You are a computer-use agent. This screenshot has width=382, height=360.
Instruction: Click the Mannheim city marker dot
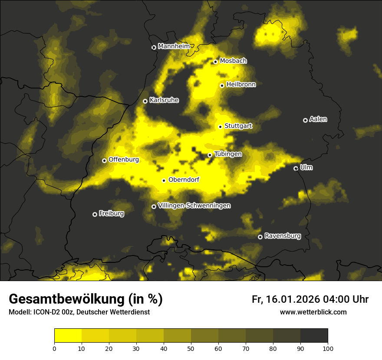tap(154, 48)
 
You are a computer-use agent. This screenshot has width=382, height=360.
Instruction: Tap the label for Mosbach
tap(233, 61)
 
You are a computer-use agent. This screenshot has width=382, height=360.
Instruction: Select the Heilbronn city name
tap(241, 85)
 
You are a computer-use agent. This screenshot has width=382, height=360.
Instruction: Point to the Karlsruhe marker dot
tap(145, 101)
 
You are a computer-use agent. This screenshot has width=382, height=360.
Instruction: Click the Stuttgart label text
tap(238, 126)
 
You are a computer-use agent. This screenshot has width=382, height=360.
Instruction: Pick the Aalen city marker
tap(306, 120)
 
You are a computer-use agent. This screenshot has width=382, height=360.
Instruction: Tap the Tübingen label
tap(228, 154)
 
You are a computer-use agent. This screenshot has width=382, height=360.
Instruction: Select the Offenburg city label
tap(124, 160)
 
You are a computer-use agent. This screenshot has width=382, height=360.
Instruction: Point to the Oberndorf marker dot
tap(164, 180)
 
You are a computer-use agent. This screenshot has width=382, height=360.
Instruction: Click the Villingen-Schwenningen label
tap(194, 206)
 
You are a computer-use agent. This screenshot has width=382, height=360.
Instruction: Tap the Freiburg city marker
tap(95, 214)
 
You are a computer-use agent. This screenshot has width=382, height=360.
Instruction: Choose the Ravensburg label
tap(283, 236)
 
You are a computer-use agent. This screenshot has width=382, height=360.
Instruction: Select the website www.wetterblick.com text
tap(313, 312)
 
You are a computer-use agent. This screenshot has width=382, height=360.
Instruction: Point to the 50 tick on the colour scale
tap(191, 348)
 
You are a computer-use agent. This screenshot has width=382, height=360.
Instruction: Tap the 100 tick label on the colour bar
tap(328, 348)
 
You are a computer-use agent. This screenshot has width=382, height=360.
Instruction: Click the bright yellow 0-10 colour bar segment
tap(68, 335)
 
